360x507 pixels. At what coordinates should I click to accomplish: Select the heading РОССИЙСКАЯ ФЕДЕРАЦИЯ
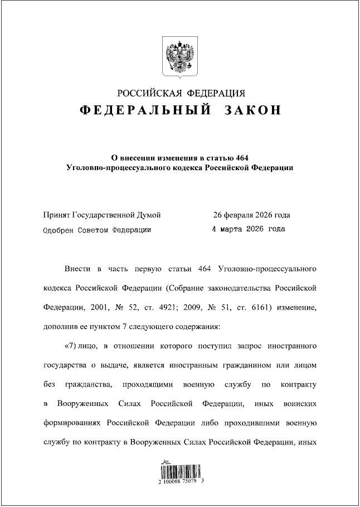[180, 93]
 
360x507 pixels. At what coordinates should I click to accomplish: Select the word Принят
[57, 215]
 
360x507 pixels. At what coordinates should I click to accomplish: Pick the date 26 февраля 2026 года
[251, 215]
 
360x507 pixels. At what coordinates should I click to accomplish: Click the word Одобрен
[60, 229]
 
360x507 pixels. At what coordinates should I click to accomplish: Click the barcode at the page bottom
[179, 469]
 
